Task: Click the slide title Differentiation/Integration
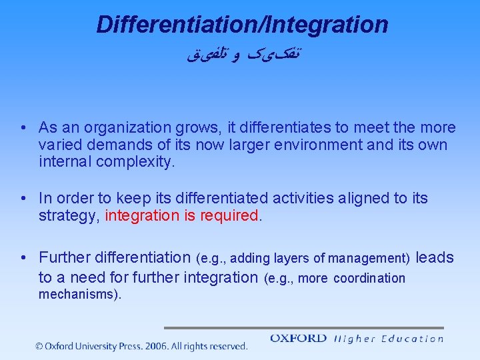pyautogui.click(x=242, y=25)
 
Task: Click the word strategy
pyautogui.click(x=69, y=216)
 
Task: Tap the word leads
pyautogui.click(x=435, y=257)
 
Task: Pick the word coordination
pyautogui.click(x=369, y=279)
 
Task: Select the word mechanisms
pyautogui.click(x=78, y=295)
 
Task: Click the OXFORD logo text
pyautogui.click(x=298, y=339)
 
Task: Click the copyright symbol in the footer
pyautogui.click(x=40, y=346)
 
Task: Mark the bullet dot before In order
pyautogui.click(x=23, y=199)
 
